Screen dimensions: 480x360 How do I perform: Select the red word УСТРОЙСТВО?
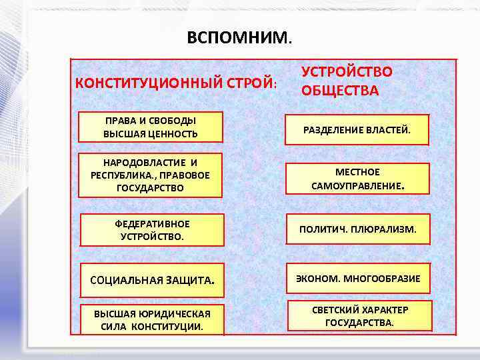347,72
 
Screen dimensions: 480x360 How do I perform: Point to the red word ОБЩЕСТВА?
340,90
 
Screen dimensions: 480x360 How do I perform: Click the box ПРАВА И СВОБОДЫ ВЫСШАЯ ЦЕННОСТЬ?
150,127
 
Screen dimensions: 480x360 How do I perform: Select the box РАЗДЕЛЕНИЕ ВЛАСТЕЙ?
357,129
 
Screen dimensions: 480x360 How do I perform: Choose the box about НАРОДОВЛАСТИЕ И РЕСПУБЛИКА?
150,175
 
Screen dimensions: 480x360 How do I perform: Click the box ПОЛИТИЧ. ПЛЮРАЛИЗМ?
358,229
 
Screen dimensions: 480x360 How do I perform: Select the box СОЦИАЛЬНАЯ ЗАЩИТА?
152,279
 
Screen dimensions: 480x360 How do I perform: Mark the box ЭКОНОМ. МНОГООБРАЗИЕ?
358,279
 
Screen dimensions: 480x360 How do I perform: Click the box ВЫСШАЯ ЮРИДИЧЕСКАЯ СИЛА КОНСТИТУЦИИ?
152,320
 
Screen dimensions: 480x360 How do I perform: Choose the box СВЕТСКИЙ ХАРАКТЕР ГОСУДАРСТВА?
360,316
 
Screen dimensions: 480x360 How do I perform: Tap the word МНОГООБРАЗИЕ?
382,279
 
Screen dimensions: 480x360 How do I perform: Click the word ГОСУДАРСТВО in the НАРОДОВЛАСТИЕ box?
150,188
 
